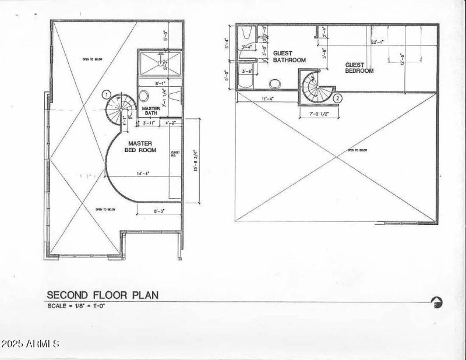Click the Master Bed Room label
coord(140,147)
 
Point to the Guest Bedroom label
coord(359,68)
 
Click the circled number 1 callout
coord(106,94)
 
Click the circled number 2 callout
coord(337,98)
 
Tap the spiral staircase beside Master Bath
coord(120,108)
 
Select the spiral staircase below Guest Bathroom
coord(315,87)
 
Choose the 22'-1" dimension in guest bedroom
coord(379,41)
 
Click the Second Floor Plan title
coord(102,295)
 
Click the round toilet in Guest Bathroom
coord(274,84)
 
